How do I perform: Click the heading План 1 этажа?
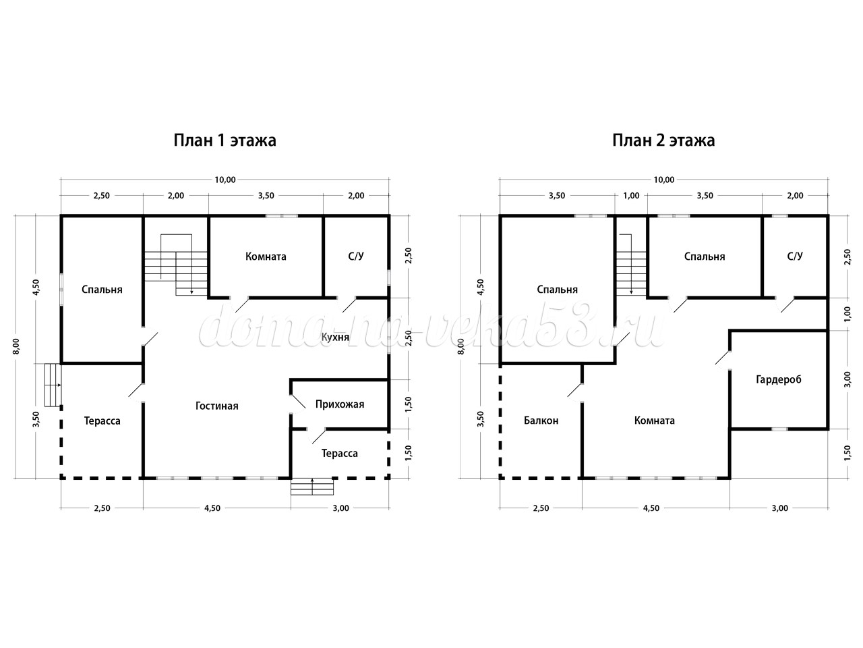(225, 140)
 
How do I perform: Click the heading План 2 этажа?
(663, 140)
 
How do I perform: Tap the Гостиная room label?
(217, 406)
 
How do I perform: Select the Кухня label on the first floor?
(335, 337)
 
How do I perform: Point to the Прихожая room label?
(340, 404)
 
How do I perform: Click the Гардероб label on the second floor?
(779, 379)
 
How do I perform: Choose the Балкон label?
(541, 421)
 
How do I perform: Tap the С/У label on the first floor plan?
(356, 256)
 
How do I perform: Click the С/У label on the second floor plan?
(795, 256)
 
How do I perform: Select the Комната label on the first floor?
(266, 256)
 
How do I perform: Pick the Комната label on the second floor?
(655, 421)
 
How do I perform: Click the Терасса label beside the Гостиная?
(102, 421)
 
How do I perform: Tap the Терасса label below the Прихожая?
(340, 454)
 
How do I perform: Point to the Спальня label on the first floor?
(102, 290)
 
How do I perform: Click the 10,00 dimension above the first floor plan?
(225, 180)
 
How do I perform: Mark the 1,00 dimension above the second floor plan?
(632, 196)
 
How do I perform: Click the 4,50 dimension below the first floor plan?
(212, 508)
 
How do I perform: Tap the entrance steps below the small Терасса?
(312, 487)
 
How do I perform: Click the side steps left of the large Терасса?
(53, 385)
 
